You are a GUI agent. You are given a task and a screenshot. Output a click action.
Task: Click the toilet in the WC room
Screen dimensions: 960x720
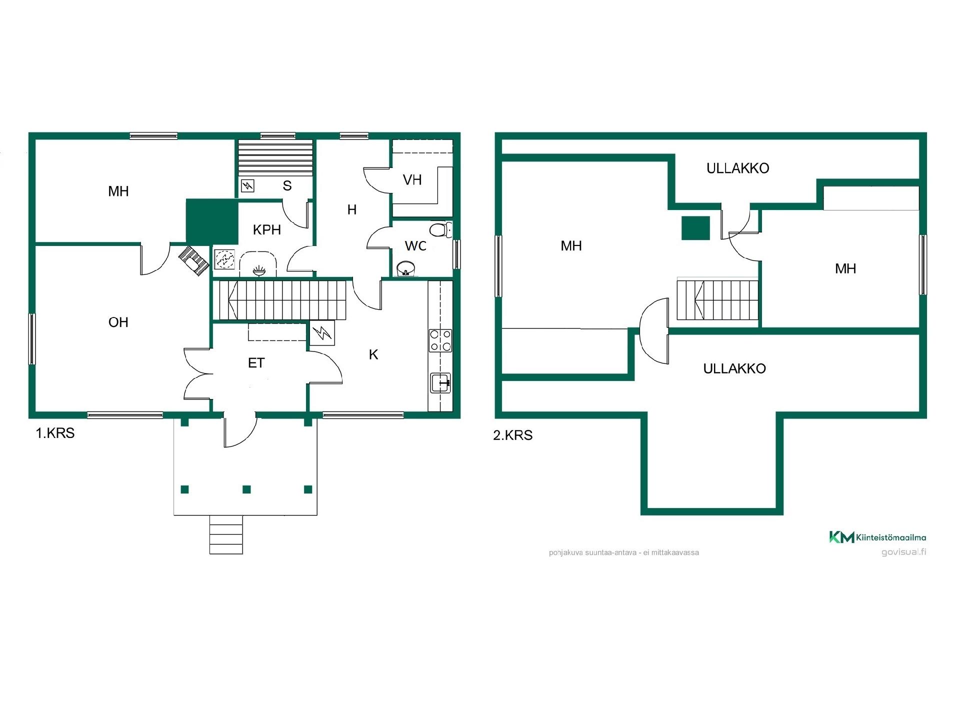[x=440, y=229]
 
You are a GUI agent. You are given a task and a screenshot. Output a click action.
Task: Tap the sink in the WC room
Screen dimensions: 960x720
[x=406, y=268]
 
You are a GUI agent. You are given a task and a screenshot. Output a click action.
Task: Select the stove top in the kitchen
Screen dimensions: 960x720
[x=440, y=340]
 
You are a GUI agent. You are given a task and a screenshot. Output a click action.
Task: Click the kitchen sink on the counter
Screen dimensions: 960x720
[x=440, y=382]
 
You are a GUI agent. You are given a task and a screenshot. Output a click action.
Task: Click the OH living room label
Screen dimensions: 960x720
[x=118, y=322]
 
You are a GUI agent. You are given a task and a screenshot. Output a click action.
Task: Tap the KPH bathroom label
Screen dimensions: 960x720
[x=267, y=230]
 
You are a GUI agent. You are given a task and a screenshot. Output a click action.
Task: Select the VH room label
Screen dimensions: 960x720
[x=412, y=180]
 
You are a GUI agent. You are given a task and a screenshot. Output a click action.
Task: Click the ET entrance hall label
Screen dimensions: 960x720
[x=256, y=363]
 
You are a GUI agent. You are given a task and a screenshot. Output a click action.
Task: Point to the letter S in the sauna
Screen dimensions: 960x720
[x=287, y=186]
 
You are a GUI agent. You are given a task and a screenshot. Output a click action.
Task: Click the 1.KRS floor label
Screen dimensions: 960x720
[x=55, y=433]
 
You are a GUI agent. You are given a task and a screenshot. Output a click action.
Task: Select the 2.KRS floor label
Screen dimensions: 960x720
[x=513, y=435]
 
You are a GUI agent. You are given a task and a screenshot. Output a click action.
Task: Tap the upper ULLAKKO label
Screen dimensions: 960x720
[x=737, y=168]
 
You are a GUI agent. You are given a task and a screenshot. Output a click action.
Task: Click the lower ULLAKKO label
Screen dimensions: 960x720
[x=734, y=369]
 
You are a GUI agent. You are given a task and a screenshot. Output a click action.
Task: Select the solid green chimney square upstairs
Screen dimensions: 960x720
[x=695, y=228]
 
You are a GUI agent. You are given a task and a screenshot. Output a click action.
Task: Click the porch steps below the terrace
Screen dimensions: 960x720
[x=226, y=534]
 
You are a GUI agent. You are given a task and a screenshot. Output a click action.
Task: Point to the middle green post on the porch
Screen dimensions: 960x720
[x=246, y=489]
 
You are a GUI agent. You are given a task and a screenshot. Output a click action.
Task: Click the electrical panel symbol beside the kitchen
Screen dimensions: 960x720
[x=322, y=332]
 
